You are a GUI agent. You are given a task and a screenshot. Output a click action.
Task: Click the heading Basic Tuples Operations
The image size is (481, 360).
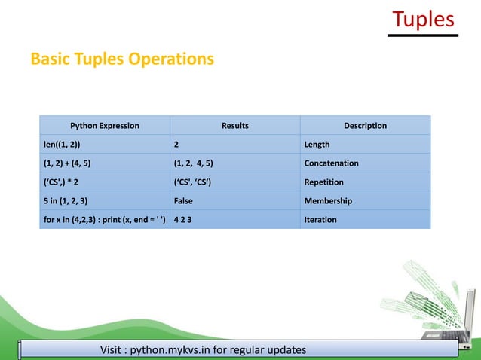[122, 58]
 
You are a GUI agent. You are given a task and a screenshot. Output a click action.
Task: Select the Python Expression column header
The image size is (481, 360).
[105, 125]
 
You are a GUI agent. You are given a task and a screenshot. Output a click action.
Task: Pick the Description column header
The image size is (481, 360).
[365, 125]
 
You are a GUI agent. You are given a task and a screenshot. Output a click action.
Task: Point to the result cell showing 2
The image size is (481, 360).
[176, 144]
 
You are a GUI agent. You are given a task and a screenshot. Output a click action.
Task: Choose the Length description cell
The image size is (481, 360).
[317, 144]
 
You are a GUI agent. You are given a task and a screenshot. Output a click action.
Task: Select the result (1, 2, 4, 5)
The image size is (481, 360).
[193, 163]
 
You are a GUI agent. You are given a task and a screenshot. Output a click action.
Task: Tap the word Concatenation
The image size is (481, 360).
[331, 163]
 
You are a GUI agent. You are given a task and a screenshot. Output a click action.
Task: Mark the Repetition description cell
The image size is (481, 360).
[323, 182]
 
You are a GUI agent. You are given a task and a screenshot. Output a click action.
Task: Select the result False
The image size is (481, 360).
[183, 201]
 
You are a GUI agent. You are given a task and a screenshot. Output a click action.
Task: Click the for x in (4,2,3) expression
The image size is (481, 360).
[103, 220]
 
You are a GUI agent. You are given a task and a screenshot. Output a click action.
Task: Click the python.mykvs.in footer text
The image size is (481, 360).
[204, 351]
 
